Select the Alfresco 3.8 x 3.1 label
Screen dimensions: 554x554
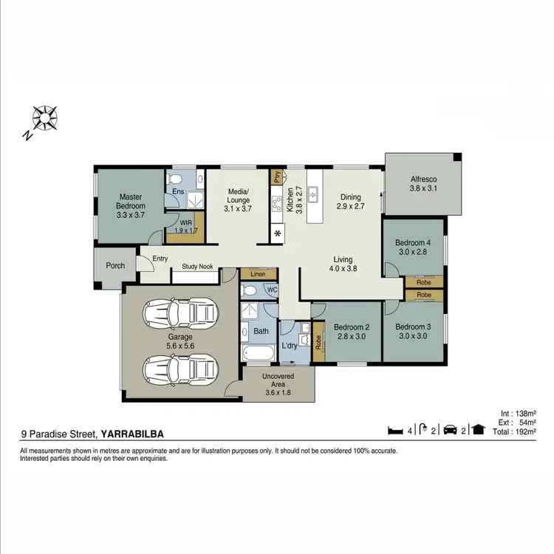pos(424,184)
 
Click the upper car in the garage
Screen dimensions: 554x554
pos(181,314)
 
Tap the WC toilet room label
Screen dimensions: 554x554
pos(272,290)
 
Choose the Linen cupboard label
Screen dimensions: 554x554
pos(258,274)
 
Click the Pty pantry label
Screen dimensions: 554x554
pos(277,177)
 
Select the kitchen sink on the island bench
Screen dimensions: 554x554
pos(314,194)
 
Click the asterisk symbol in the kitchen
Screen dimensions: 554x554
pos(278,235)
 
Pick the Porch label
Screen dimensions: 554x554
pos(115,266)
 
